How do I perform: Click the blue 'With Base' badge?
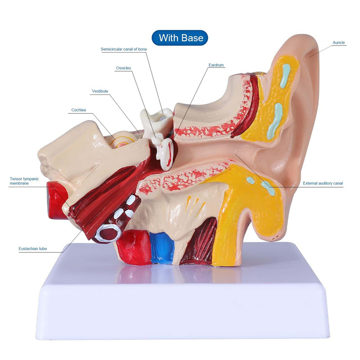[180, 37]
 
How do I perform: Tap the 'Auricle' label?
[338, 43]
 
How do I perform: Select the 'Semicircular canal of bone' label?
[124, 49]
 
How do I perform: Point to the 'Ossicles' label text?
[123, 68]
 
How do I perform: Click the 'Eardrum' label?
[216, 65]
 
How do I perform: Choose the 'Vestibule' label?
[100, 91]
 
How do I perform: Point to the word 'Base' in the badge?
[192, 37]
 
